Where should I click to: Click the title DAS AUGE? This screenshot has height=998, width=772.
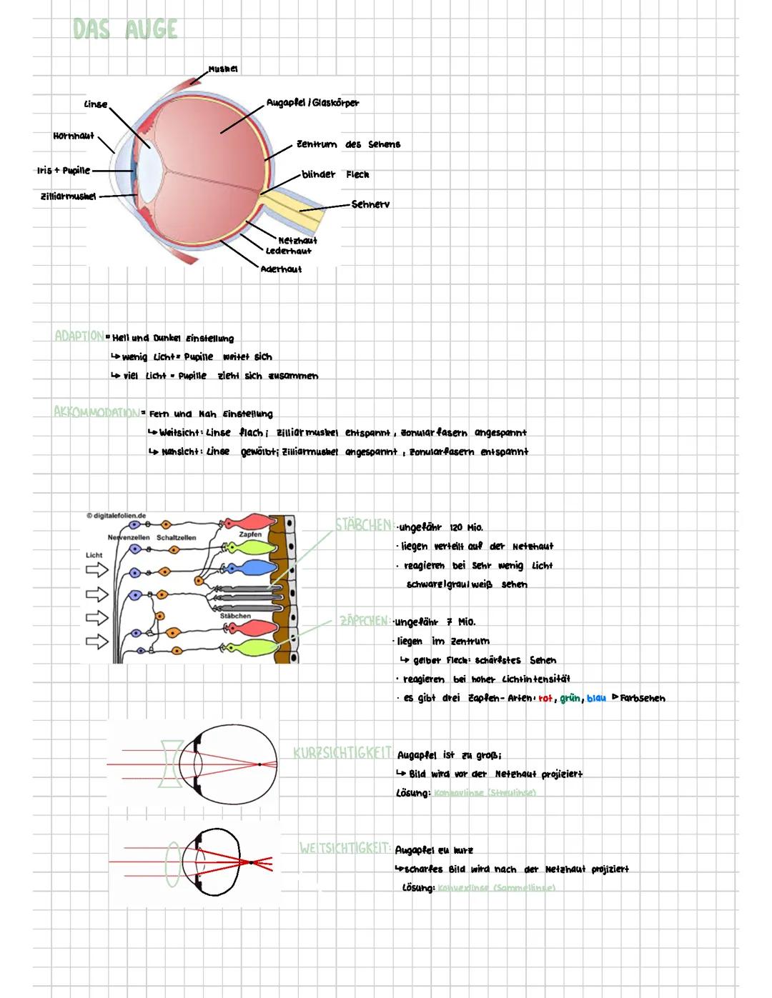click(125, 29)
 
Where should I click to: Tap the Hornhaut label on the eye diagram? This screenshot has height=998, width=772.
click(74, 136)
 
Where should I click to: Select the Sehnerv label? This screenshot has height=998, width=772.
click(370, 204)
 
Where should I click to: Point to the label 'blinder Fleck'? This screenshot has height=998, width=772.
click(335, 174)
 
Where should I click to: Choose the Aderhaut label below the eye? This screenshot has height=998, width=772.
click(281, 269)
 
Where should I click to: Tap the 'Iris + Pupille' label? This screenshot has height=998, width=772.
click(64, 170)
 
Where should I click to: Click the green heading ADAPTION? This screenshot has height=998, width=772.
click(79, 335)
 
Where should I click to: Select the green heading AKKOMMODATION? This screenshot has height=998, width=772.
click(96, 411)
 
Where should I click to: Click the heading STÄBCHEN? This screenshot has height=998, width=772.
click(363, 525)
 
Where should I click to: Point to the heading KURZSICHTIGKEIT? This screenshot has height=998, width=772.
click(342, 753)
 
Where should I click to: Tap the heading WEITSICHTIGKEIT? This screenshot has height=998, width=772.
click(345, 848)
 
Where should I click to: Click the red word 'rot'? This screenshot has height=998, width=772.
click(545, 698)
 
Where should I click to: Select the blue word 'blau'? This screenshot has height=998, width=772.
click(595, 698)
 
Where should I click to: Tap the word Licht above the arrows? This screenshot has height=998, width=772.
click(94, 554)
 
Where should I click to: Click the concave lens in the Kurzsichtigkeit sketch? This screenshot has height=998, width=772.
click(170, 764)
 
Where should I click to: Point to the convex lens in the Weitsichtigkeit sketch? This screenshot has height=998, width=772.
click(172, 864)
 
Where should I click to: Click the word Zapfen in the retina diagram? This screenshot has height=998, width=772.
click(250, 534)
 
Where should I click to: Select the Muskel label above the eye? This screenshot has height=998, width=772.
click(223, 69)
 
